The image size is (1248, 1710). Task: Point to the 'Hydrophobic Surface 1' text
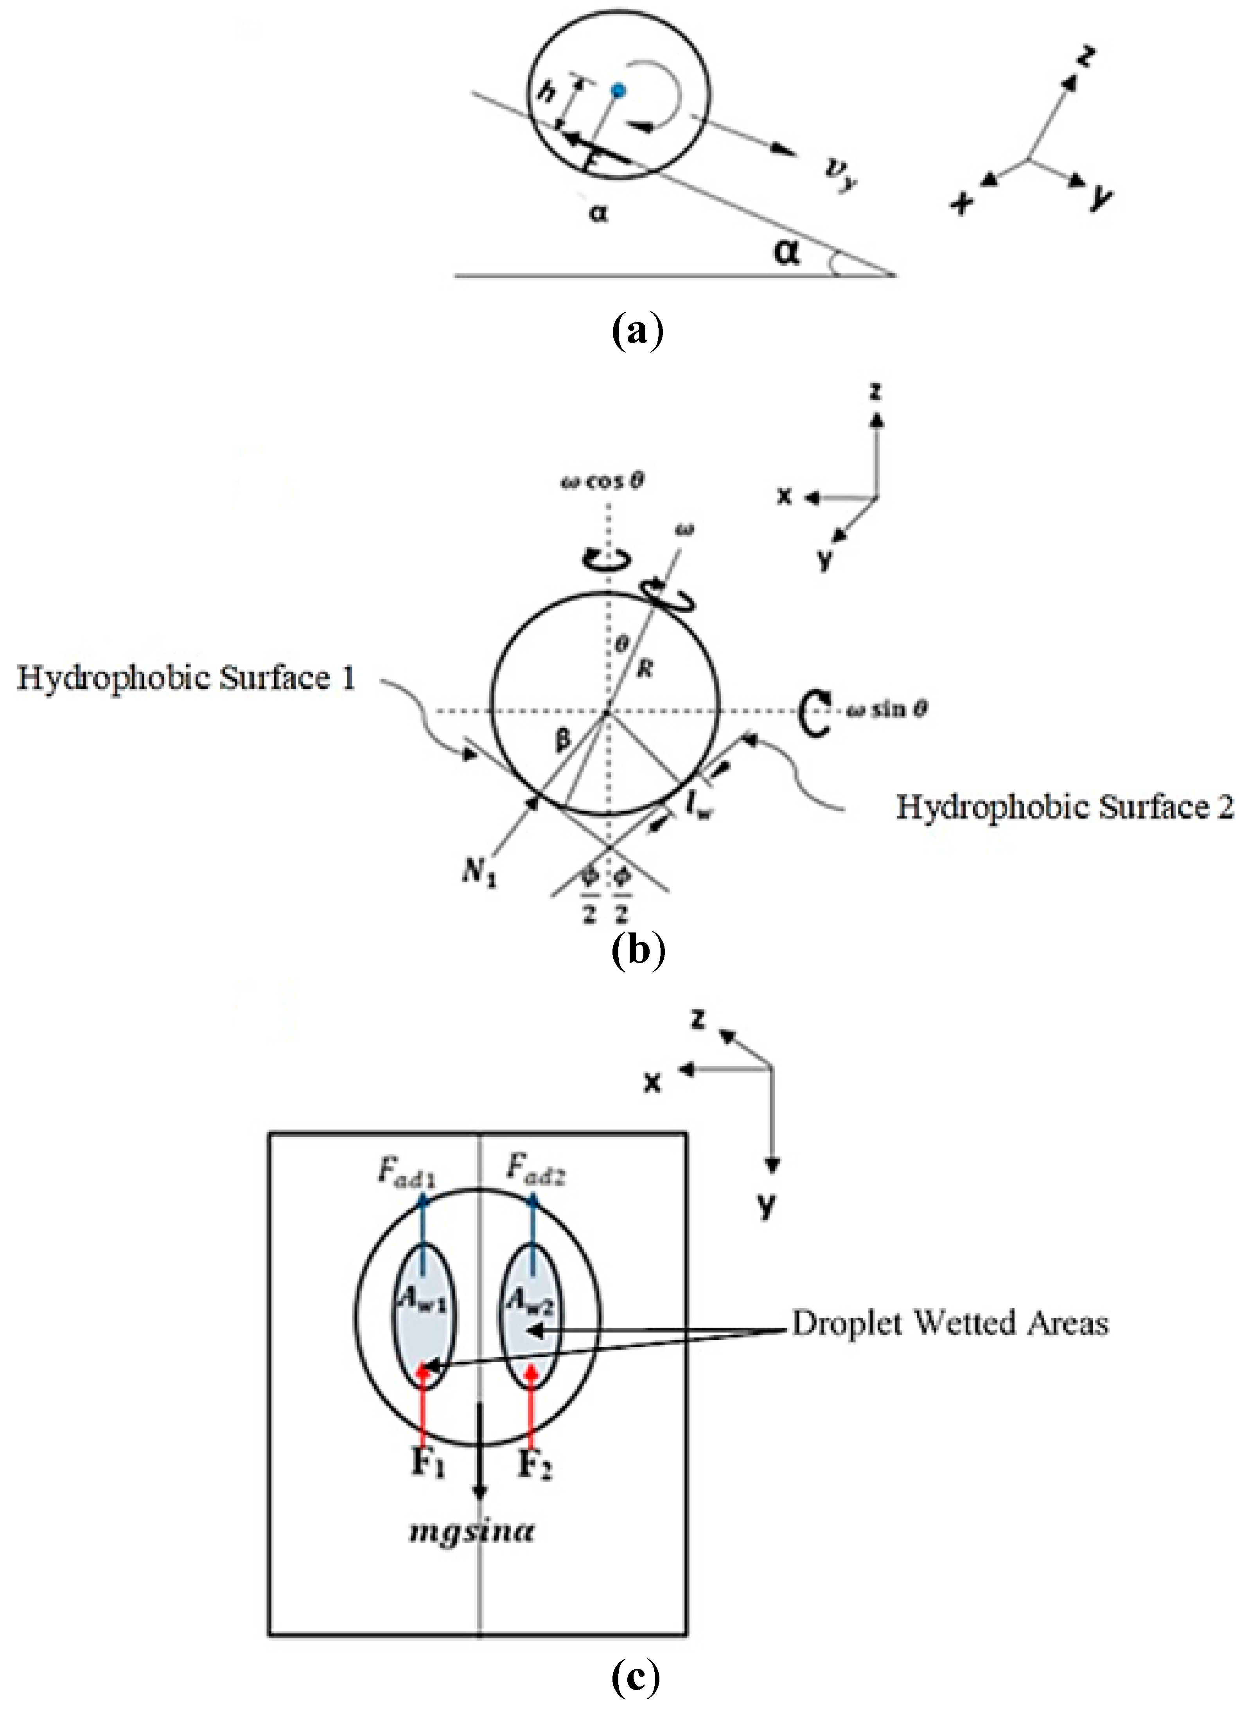(x=186, y=678)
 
